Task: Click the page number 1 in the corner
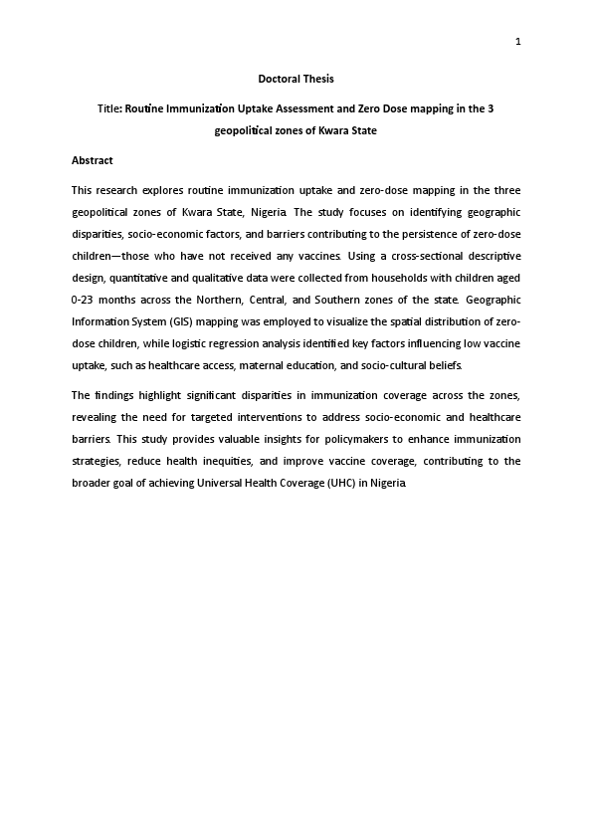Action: click(518, 41)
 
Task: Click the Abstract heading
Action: click(93, 160)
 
